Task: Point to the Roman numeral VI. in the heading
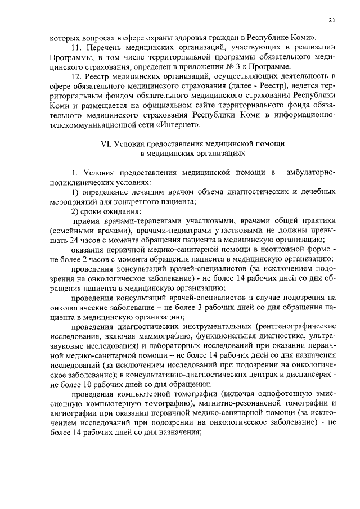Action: pos(106,143)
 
